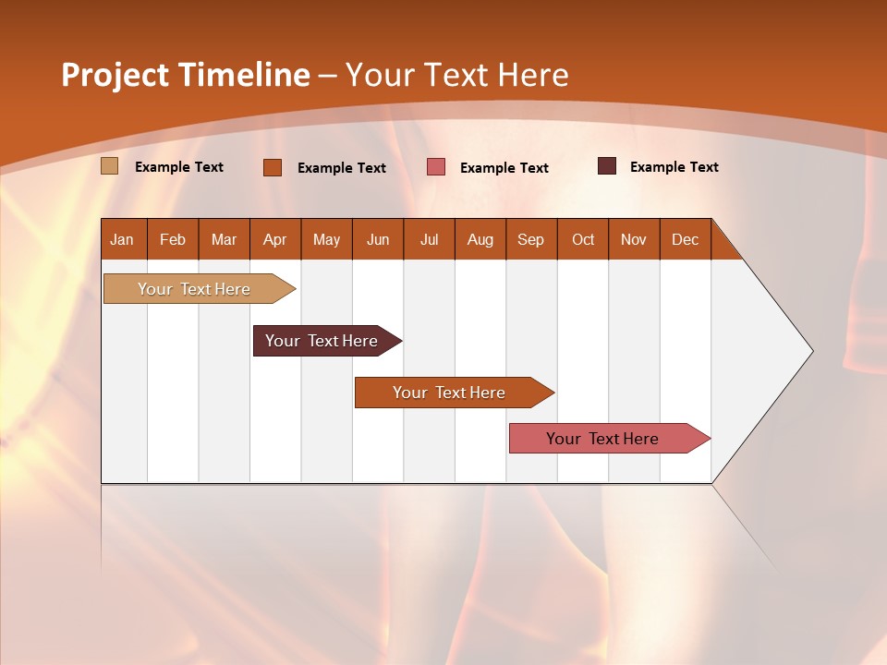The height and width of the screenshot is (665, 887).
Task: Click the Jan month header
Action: tap(122, 239)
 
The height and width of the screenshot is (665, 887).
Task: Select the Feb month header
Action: tap(173, 239)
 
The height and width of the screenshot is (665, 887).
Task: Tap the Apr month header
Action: tap(274, 239)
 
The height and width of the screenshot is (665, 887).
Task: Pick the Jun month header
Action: tap(378, 239)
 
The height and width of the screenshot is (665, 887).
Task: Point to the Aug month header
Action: tap(480, 239)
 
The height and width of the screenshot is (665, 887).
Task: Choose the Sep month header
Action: tap(530, 239)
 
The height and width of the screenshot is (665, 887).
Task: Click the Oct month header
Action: tap(583, 239)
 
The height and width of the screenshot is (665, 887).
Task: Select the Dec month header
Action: tap(685, 239)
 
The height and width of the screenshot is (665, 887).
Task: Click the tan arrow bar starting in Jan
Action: tap(195, 289)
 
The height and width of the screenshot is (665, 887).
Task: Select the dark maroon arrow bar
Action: tap(322, 341)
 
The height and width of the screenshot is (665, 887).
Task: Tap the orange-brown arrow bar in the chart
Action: tap(450, 393)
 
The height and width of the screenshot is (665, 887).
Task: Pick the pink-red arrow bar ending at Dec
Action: tap(603, 439)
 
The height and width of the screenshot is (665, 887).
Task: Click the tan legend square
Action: tap(109, 166)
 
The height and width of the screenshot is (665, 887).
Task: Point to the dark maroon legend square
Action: tap(607, 166)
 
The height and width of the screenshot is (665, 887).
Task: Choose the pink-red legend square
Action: tap(436, 167)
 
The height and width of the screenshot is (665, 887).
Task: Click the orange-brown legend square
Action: tap(273, 167)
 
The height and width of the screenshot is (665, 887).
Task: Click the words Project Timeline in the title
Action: tap(185, 75)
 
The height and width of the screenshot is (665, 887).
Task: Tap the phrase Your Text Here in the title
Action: tap(456, 75)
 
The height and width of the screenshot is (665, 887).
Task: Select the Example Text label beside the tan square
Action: tap(179, 167)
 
